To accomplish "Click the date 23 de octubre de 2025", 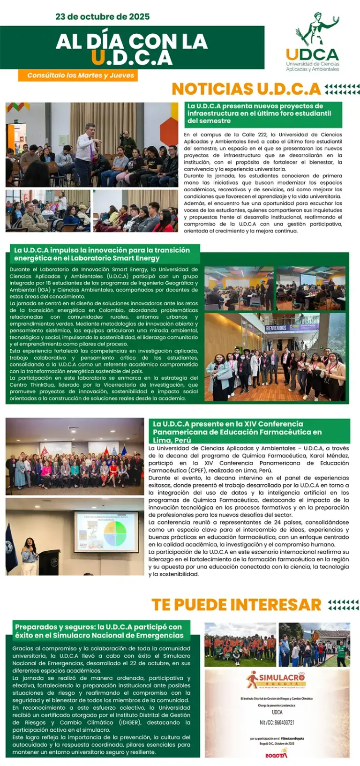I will (x=103, y=16).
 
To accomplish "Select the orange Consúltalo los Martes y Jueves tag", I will (x=78, y=75).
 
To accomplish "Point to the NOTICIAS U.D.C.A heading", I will (x=247, y=89).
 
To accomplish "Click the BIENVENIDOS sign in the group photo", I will (x=277, y=328).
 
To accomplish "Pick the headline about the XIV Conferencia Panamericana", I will (x=238, y=431).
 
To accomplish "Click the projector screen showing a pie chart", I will (x=106, y=531).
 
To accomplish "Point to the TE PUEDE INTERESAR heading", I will (x=236, y=604).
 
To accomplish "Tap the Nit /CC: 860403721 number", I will (x=277, y=722).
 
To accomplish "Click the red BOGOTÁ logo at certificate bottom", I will (x=277, y=754).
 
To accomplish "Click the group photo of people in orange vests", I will (x=240, y=645).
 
